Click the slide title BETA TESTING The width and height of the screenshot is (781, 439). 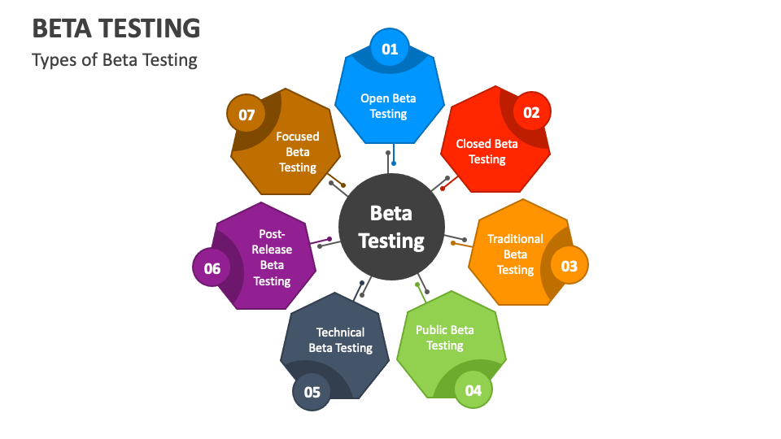coord(116,28)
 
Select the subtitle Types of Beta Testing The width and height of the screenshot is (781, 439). coord(115,60)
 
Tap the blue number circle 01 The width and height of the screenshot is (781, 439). coord(390,49)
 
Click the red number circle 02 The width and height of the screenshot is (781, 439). coord(531,112)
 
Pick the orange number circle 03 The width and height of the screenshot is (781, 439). coord(569,266)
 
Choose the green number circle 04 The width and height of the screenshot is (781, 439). coord(473,390)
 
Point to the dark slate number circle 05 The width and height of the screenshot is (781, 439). coord(312,392)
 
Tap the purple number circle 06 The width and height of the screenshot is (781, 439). coord(212,268)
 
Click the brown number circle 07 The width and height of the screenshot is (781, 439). coord(247,115)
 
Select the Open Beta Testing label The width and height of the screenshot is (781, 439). coord(388,106)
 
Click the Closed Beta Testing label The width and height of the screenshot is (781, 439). coord(486,151)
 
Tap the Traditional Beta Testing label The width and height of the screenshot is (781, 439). coord(515,254)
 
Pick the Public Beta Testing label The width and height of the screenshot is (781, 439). coord(445,337)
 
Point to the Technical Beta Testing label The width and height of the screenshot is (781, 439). coord(340,340)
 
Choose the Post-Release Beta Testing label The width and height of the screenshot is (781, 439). coord(272,257)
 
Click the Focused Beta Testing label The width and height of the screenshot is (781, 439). coord(298,152)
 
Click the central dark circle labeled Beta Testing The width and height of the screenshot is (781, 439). coord(391,226)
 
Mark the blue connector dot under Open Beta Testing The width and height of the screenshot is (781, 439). coord(394,163)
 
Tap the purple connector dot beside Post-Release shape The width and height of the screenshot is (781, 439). coord(329,239)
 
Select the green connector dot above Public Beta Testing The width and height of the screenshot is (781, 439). coord(417,285)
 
